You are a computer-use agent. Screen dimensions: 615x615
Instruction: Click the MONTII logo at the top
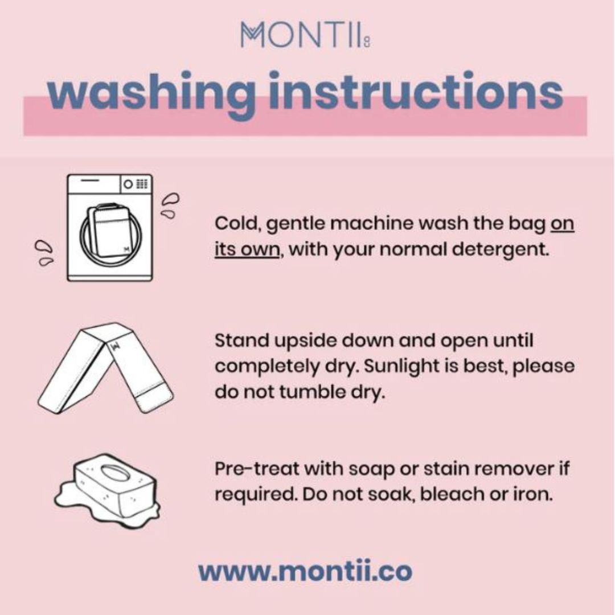[306, 35]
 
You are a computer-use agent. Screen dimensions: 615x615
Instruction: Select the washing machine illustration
[110, 227]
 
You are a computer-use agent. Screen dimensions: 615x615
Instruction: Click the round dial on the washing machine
[128, 184]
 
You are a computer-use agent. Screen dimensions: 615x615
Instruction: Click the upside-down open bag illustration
[105, 368]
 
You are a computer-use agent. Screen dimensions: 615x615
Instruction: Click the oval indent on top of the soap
[115, 472]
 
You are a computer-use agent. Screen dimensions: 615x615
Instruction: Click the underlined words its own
[247, 249]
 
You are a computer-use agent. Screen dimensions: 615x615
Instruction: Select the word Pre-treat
[257, 468]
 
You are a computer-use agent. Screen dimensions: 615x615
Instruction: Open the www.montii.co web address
[305, 571]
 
